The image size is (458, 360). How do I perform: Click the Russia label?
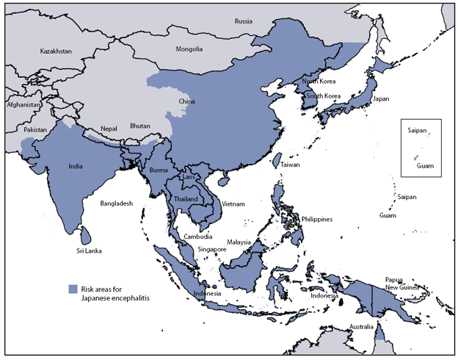(x=243, y=21)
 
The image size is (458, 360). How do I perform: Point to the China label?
(x=186, y=101)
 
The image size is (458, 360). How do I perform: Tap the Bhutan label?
(x=140, y=126)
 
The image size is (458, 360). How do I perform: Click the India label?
(x=75, y=166)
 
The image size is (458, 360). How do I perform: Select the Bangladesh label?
(x=117, y=203)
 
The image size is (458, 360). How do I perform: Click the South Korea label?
(x=323, y=96)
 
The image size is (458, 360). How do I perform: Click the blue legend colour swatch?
(x=72, y=288)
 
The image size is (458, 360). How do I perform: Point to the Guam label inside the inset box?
(x=424, y=166)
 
